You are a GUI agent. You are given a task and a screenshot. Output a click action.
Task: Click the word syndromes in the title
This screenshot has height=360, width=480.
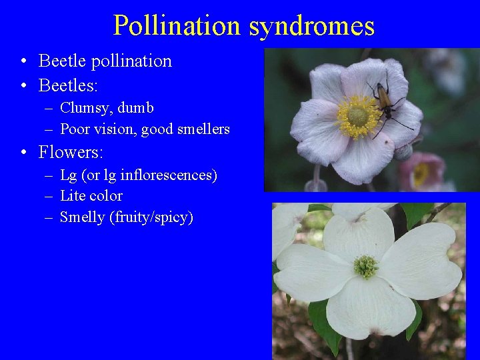(x=311, y=26)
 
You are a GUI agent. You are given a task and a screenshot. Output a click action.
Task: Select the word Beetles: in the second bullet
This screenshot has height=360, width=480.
(x=68, y=86)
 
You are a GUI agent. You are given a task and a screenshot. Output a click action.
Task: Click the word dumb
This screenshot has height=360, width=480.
(x=136, y=108)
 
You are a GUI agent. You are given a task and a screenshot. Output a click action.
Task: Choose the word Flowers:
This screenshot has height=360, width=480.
(x=71, y=153)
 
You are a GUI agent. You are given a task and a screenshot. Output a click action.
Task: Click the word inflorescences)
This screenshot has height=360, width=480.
(x=169, y=176)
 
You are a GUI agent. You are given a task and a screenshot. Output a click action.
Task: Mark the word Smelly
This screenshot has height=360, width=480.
(x=81, y=217)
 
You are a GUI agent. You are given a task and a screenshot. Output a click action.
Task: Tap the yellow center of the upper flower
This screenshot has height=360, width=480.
(x=357, y=117)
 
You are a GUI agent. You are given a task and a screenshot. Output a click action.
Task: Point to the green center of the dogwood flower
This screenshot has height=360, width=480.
(x=365, y=266)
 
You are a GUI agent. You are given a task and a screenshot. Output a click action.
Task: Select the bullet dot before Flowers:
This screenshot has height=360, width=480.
(x=23, y=153)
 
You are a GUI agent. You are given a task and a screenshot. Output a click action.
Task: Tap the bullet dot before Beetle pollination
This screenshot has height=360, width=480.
(x=23, y=62)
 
